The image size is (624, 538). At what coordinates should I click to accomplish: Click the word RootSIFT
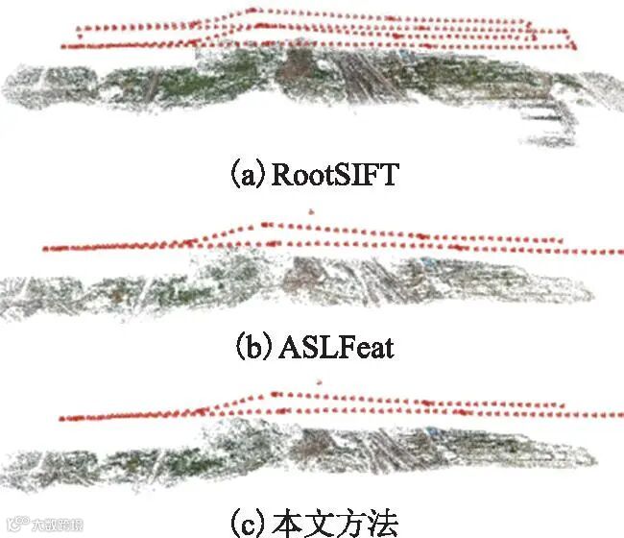pyautogui.click(x=335, y=176)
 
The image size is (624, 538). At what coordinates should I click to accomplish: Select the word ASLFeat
pyautogui.click(x=337, y=346)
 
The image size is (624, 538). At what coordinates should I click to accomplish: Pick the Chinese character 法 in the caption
pyautogui.click(x=380, y=523)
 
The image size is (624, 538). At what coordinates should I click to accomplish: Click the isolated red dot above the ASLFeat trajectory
pyautogui.click(x=309, y=209)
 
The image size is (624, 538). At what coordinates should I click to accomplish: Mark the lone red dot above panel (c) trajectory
pyautogui.click(x=317, y=382)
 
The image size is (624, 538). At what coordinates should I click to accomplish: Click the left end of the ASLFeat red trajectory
pyautogui.click(x=44, y=249)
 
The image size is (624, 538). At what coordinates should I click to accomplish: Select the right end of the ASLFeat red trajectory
pyautogui.click(x=615, y=252)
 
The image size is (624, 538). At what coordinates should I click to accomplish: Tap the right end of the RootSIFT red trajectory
pyautogui.click(x=574, y=46)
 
